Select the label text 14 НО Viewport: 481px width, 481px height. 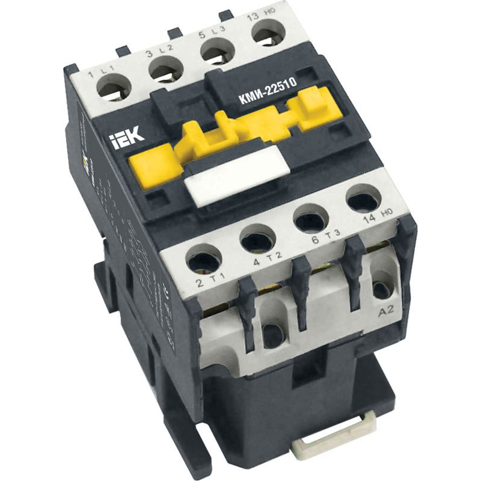pos(380,221)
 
